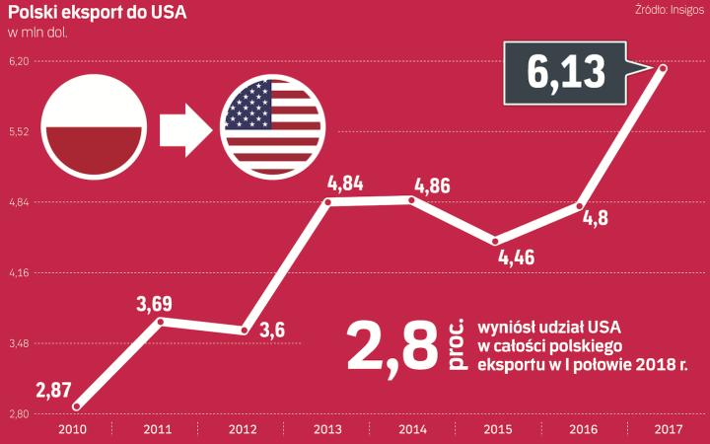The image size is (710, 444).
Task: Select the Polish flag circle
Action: tap(96, 124)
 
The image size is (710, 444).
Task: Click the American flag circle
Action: tap(268, 124)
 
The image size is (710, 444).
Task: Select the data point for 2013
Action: tap(327, 202)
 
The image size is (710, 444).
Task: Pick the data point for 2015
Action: tap(495, 241)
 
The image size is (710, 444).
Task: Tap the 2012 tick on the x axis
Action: tap(244, 429)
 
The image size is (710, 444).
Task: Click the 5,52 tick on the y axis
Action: tap(20, 132)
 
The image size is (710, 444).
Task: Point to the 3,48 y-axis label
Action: tap(20, 343)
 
